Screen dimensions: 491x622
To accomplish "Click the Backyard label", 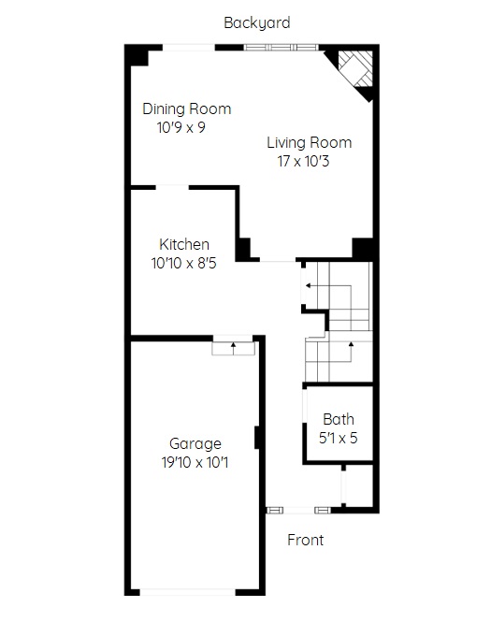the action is coord(257,23).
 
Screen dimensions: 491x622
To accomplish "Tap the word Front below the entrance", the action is coord(306,540).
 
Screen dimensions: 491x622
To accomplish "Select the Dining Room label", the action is coord(187,108).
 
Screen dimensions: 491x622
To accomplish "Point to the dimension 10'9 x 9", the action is coord(181,127).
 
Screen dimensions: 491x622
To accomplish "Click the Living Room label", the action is coord(309,142).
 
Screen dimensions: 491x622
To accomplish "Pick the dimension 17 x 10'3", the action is coord(303,161).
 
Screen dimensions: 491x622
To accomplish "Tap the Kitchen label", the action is coord(184,244).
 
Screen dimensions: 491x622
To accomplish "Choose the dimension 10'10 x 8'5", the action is coord(184,263).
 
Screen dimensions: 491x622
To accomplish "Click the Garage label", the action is coord(195,443).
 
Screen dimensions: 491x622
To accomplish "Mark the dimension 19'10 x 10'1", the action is coord(195,462).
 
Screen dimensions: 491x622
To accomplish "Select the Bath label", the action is coord(339,419).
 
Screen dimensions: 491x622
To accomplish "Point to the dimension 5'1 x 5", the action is coord(339,438).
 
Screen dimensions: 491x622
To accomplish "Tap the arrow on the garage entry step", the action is coord(234,349).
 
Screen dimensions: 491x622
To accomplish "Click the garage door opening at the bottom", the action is coord(188,592).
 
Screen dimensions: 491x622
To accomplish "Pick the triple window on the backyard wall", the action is coord(282,48).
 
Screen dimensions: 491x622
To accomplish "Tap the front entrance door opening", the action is coord(298,510).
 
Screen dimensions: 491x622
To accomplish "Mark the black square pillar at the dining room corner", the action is coord(137,55).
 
